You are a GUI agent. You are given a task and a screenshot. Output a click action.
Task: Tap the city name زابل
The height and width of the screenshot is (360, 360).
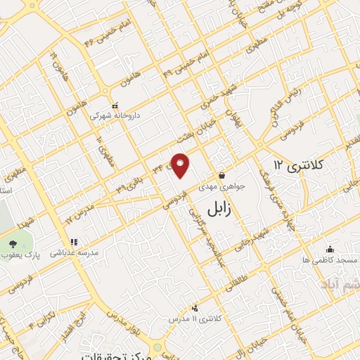tap(223, 208)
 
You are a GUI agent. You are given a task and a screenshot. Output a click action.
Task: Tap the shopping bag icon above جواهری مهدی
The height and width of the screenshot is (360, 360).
tap(222, 176)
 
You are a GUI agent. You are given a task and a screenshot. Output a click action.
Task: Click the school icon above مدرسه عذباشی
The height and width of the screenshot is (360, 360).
tap(74, 241)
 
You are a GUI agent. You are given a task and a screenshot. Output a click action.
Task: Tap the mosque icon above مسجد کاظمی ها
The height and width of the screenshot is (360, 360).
tap(330, 250)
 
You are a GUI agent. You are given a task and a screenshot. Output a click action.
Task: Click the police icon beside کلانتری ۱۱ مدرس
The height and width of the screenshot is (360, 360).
tap(195, 308)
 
